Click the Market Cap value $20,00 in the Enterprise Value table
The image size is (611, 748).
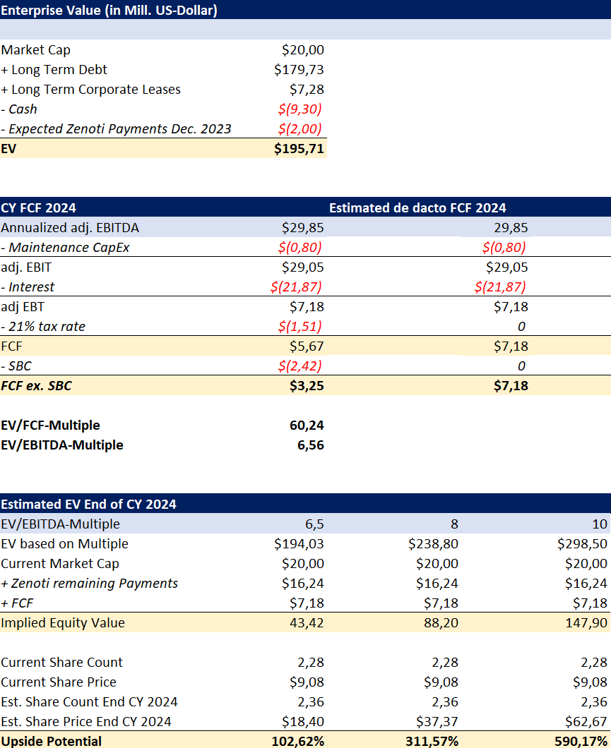[302, 50]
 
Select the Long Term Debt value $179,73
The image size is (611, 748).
[299, 70]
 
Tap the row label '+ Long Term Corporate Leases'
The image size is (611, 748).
[90, 90]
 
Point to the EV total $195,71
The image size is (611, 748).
[299, 149]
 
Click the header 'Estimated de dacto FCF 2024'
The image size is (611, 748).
[417, 208]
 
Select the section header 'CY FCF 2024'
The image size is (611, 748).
[39, 208]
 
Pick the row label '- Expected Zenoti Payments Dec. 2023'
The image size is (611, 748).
[116, 129]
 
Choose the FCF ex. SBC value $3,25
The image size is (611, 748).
[306, 386]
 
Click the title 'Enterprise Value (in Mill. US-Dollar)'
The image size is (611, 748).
[109, 10]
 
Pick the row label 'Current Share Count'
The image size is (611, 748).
[61, 663]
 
